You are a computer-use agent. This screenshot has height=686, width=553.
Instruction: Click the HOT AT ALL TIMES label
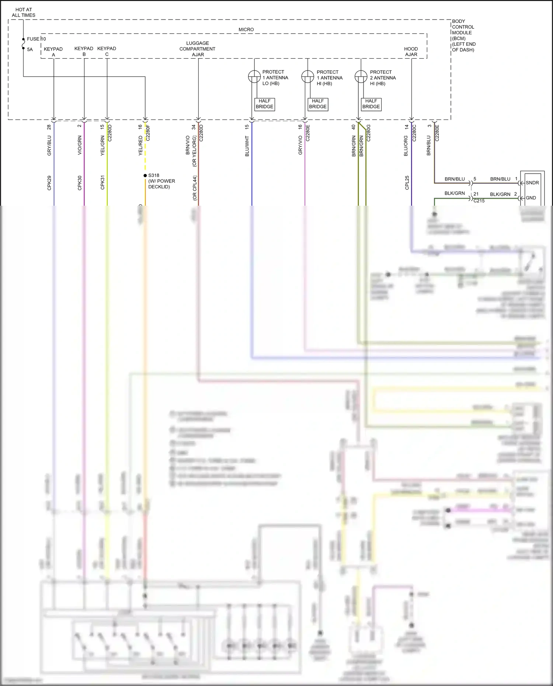click(24, 13)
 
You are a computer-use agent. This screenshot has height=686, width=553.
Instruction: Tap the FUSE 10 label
click(36, 39)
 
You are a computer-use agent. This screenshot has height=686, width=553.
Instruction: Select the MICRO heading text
click(246, 29)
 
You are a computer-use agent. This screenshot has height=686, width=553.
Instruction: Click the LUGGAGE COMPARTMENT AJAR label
click(198, 49)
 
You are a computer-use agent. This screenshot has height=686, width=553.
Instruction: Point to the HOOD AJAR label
click(411, 52)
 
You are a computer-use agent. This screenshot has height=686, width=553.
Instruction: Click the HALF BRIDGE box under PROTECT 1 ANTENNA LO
click(264, 104)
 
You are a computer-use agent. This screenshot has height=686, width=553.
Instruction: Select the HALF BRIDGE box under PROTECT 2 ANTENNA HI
click(371, 104)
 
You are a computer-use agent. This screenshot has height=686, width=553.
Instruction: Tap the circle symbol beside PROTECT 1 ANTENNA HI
click(307, 77)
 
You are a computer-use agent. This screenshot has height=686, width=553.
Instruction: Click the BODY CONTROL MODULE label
click(463, 35)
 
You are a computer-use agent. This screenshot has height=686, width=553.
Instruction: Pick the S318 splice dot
click(145, 175)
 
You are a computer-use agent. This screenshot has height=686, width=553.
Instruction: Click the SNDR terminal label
click(532, 183)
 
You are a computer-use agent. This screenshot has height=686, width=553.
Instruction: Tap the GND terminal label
click(531, 198)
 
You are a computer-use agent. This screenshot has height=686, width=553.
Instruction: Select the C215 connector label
click(479, 201)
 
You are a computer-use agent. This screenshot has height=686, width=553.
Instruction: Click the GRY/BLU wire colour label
click(49, 146)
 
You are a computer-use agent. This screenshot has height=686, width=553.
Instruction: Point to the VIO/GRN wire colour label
click(80, 145)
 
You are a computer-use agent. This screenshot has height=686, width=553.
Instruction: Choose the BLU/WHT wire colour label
click(247, 146)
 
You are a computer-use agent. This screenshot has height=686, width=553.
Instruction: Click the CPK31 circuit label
click(102, 183)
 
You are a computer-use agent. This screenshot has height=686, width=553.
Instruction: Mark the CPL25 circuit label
click(407, 183)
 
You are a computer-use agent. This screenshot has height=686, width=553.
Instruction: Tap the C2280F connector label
click(148, 133)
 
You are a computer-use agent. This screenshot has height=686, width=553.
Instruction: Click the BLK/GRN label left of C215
click(455, 193)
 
